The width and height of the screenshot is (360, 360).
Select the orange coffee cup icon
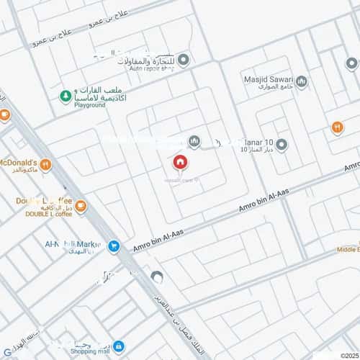pos(81,207)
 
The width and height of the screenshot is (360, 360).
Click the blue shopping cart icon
pos(113,246)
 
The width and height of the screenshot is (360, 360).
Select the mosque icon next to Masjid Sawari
pos(302,81)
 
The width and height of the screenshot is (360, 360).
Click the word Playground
pos(89,105)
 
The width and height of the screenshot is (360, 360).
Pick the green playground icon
pos(66,95)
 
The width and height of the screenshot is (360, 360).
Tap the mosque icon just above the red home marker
pos(193,141)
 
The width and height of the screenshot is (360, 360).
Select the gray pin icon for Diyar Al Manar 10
pos(282,145)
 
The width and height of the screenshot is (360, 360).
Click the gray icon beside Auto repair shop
pos(184,60)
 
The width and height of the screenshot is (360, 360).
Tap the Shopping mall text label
pos(89,353)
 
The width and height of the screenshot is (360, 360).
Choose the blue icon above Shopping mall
pos(119,346)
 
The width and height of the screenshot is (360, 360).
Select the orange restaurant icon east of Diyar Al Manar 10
pos(338,127)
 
